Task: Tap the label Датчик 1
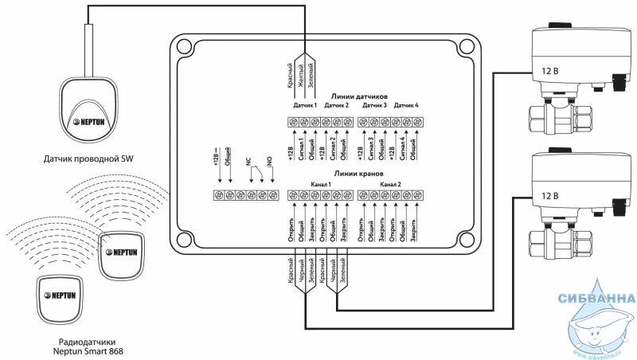point(305,106)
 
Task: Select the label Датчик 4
point(406,106)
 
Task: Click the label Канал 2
point(390,183)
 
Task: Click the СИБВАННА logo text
point(597,300)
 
